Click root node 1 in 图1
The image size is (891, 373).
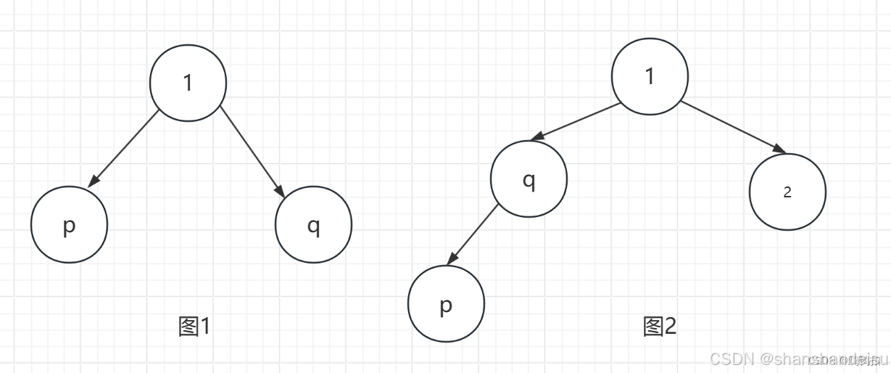click(188, 83)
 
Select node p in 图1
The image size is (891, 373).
click(70, 225)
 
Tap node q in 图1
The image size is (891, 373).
click(313, 225)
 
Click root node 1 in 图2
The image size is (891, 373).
click(650, 76)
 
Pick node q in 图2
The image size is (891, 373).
click(529, 179)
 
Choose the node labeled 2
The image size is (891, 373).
click(787, 192)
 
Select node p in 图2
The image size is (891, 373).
click(446, 305)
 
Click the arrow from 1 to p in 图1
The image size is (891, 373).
click(125, 148)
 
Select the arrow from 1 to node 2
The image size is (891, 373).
click(732, 127)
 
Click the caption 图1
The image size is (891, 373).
click(194, 327)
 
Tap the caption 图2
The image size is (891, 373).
click(659, 327)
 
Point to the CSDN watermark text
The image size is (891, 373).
click(797, 358)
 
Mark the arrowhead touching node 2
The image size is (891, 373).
click(780, 149)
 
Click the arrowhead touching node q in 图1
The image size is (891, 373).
click(279, 190)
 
